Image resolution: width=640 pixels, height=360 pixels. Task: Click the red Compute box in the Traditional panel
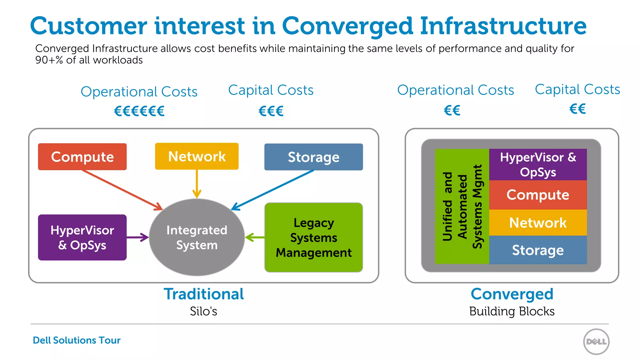82,157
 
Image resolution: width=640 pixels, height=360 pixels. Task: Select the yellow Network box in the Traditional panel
197,156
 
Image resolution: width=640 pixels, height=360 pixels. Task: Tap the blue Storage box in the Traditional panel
313,157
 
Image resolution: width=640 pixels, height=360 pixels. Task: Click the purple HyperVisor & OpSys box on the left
82,237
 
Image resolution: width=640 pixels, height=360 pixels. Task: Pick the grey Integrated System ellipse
197,237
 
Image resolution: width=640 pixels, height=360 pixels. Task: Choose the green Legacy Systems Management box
313,237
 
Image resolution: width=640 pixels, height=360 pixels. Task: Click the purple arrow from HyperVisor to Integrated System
137,237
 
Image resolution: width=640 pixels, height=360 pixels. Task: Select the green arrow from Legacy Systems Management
255,237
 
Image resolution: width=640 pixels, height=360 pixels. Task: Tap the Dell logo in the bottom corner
596,342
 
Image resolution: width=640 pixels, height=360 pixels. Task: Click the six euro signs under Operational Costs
139,111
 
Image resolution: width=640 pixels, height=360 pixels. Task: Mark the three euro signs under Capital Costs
271,111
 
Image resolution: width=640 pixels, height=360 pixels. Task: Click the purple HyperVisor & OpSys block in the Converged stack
538,165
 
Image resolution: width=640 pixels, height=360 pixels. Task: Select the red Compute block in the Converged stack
538,195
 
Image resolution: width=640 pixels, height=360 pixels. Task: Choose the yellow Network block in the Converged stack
538,222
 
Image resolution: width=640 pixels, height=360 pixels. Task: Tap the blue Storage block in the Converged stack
538,250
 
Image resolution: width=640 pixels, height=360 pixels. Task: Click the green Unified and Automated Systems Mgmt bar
462,206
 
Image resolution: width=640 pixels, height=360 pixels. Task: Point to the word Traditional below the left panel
204,294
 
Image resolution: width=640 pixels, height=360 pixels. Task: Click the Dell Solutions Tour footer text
77,340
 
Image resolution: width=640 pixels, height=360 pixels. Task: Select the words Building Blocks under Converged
512,311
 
